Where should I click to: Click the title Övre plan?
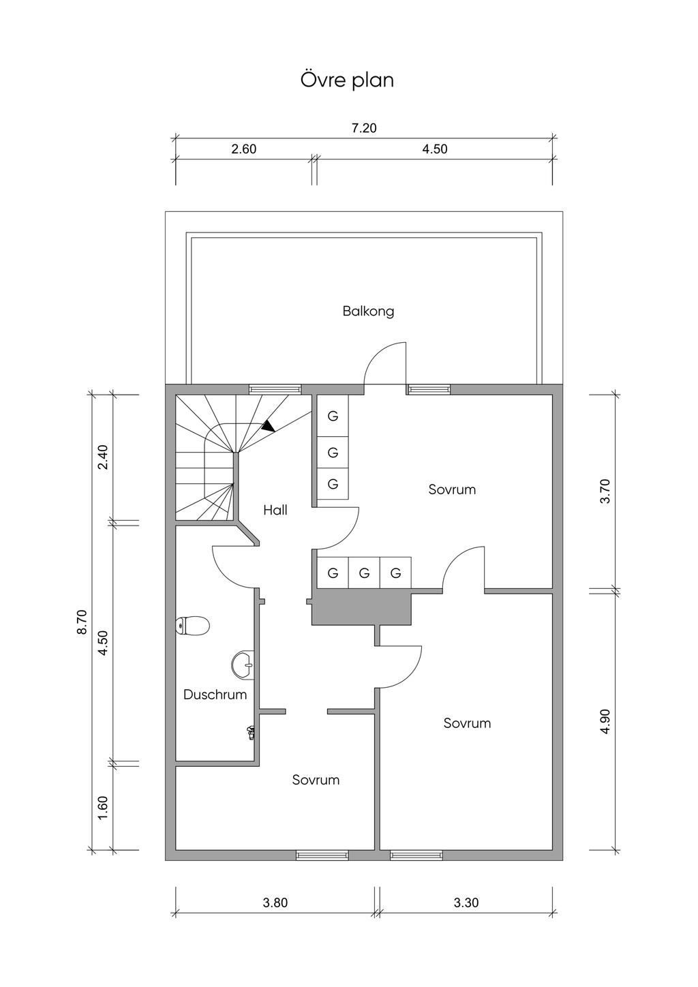tap(348, 80)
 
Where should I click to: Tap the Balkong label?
tap(368, 312)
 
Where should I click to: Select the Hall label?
tap(275, 510)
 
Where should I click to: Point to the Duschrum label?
tap(215, 695)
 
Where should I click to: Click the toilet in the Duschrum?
tap(192, 625)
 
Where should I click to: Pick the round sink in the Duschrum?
tap(243, 665)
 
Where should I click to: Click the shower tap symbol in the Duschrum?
tap(251, 732)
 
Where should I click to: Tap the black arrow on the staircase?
tap(268, 425)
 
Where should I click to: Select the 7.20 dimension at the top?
tap(364, 128)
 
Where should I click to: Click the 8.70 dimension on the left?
tap(82, 622)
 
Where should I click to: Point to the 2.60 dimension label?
tap(243, 149)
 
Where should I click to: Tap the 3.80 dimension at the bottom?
tap(275, 902)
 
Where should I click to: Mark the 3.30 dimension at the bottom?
tap(466, 902)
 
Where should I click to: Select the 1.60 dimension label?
tap(103, 808)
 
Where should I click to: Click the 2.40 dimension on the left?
tap(103, 457)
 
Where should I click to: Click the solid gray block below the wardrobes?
tap(361, 607)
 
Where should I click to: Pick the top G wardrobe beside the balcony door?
tap(333, 416)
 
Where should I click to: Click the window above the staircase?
tap(275, 389)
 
